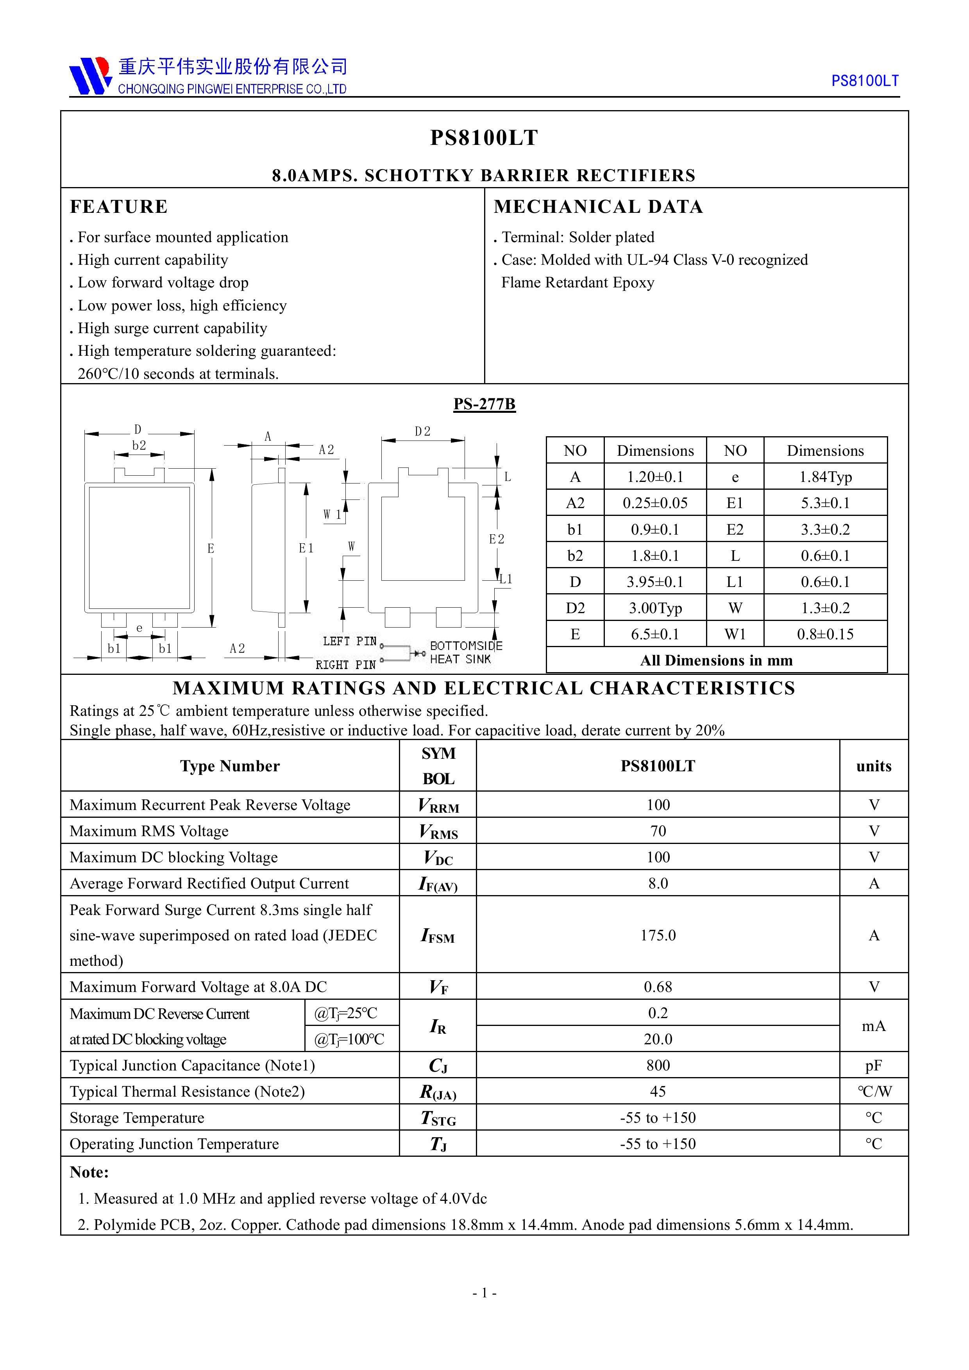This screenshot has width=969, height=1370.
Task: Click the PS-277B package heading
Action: (484, 404)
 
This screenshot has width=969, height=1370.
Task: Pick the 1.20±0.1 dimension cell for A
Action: (655, 477)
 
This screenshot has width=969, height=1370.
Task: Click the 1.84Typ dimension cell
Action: (825, 477)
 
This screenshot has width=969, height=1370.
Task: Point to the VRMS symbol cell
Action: (438, 831)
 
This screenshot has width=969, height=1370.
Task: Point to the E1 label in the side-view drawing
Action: (306, 548)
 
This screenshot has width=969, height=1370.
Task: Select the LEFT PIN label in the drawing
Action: (349, 641)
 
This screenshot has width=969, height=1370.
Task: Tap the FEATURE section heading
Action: (119, 207)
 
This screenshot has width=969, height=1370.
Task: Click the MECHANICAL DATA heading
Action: (598, 207)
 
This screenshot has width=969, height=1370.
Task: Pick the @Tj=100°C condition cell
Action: (349, 1040)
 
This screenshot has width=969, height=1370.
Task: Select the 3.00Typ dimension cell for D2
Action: (655, 608)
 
